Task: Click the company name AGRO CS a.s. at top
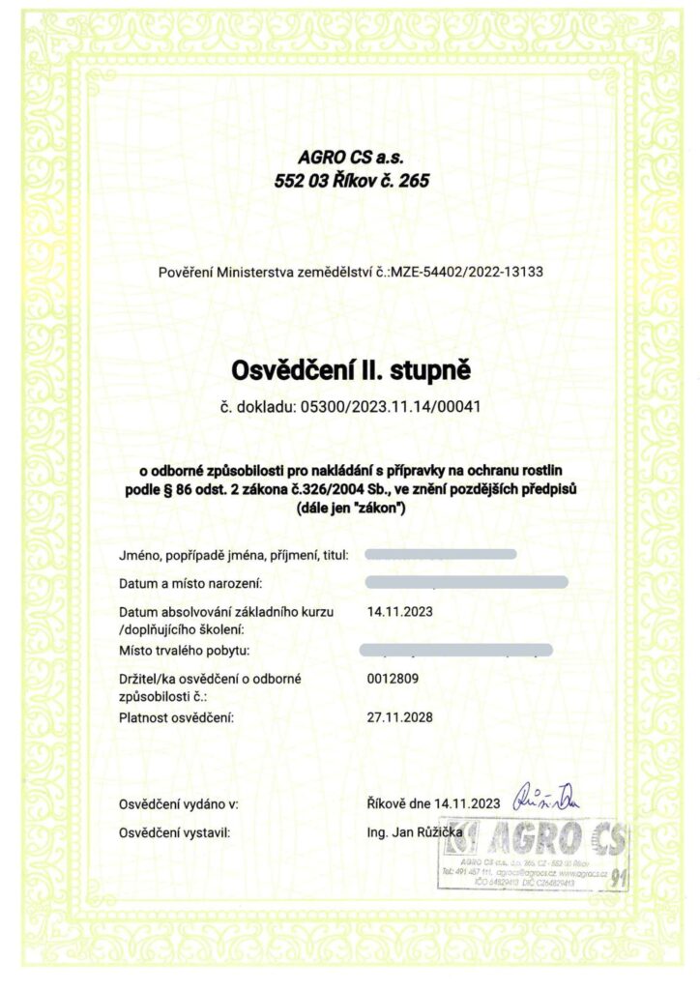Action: pos(352,158)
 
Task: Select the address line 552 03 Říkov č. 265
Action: pos(352,180)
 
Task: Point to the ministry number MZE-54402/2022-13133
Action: pos(467,272)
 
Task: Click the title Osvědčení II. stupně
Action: pos(351,369)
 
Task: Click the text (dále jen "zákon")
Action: pos(350,508)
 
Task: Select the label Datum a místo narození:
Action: pos(190,584)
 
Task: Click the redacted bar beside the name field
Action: pos(442,555)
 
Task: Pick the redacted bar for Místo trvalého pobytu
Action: pos(455,650)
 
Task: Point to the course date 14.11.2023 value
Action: pos(400,612)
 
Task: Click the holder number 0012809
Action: pos(393,679)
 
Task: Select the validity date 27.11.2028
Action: pos(400,717)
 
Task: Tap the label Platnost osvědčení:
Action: pos(177,718)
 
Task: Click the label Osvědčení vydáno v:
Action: pos(179,803)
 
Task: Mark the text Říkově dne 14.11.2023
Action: pos(433,803)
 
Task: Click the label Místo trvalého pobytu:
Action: pos(185,650)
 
